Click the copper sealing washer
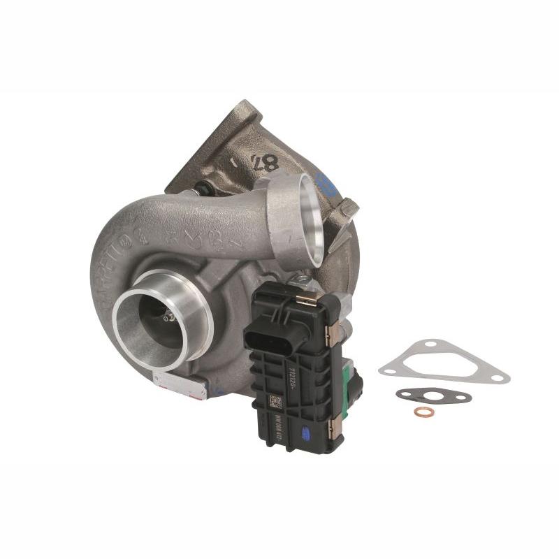coord(423,412)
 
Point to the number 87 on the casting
coord(264,163)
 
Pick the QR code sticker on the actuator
coord(275,402)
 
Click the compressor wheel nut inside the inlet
coord(167,318)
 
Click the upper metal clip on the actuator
coord(307,298)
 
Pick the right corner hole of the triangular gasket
coord(497,377)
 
